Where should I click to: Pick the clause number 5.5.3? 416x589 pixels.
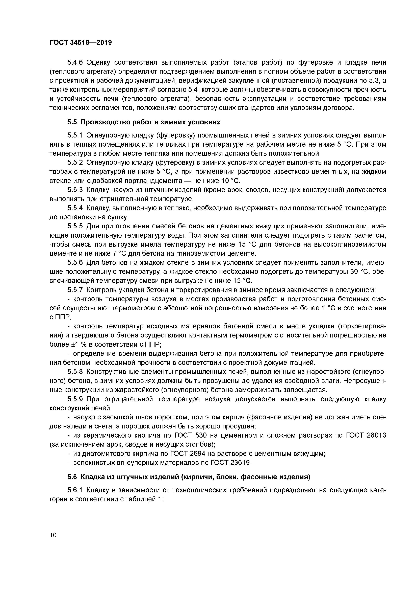pos(75,190)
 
